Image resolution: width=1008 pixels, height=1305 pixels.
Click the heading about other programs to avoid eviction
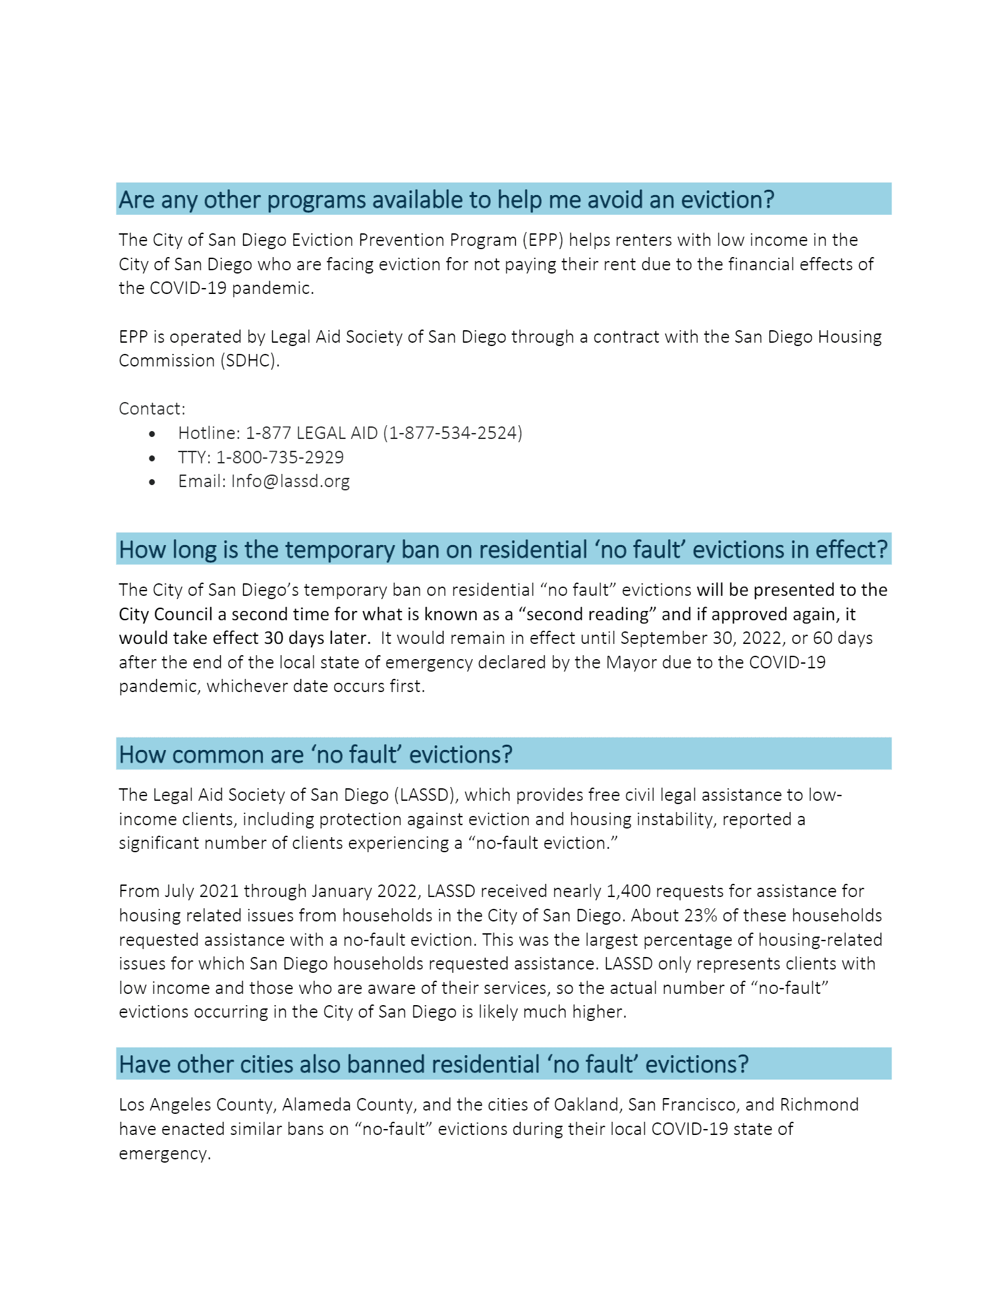(x=446, y=199)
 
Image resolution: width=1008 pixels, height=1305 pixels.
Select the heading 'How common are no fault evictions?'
(x=316, y=754)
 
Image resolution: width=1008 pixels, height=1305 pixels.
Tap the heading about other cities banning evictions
(x=434, y=1064)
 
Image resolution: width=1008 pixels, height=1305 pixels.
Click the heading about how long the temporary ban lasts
(x=503, y=549)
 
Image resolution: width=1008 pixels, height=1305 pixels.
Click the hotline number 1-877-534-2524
(x=455, y=433)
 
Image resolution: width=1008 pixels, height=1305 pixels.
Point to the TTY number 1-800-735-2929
(x=280, y=457)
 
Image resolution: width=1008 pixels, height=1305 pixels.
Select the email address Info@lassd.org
(x=291, y=481)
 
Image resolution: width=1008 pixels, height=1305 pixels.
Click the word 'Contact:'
(x=152, y=409)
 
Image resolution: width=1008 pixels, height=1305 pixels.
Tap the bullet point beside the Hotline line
(x=153, y=434)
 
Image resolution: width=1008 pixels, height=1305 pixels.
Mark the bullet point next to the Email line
(x=153, y=482)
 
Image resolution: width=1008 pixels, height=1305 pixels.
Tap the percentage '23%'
(x=698, y=915)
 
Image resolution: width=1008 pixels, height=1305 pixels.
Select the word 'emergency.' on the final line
(x=165, y=1153)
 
